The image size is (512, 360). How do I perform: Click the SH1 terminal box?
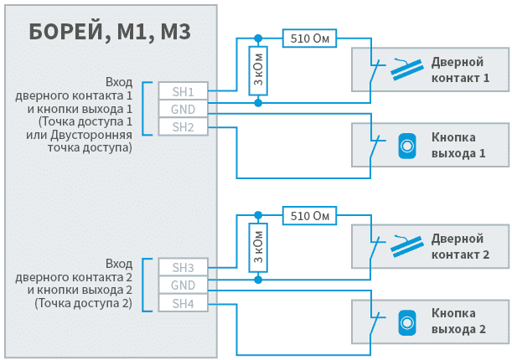pyautogui.click(x=183, y=91)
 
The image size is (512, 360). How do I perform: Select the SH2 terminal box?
pyautogui.click(x=183, y=127)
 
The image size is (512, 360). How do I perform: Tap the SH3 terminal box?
pyautogui.click(x=183, y=268)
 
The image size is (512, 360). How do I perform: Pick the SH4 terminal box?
pyautogui.click(x=183, y=303)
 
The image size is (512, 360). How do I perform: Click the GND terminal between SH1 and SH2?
pyautogui.click(x=183, y=110)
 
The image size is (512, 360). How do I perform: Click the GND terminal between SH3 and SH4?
pyautogui.click(x=183, y=285)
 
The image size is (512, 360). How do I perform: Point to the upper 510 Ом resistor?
pyautogui.click(x=309, y=39)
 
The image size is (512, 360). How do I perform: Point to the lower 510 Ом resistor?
pyautogui.click(x=309, y=215)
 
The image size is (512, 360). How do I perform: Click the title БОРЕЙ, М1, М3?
pyautogui.click(x=110, y=33)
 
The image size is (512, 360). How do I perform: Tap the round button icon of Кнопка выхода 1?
pyautogui.click(x=406, y=146)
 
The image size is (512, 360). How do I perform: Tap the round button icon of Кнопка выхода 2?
pyautogui.click(x=406, y=321)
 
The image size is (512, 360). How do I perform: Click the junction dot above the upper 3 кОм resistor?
pyautogui.click(x=258, y=39)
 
